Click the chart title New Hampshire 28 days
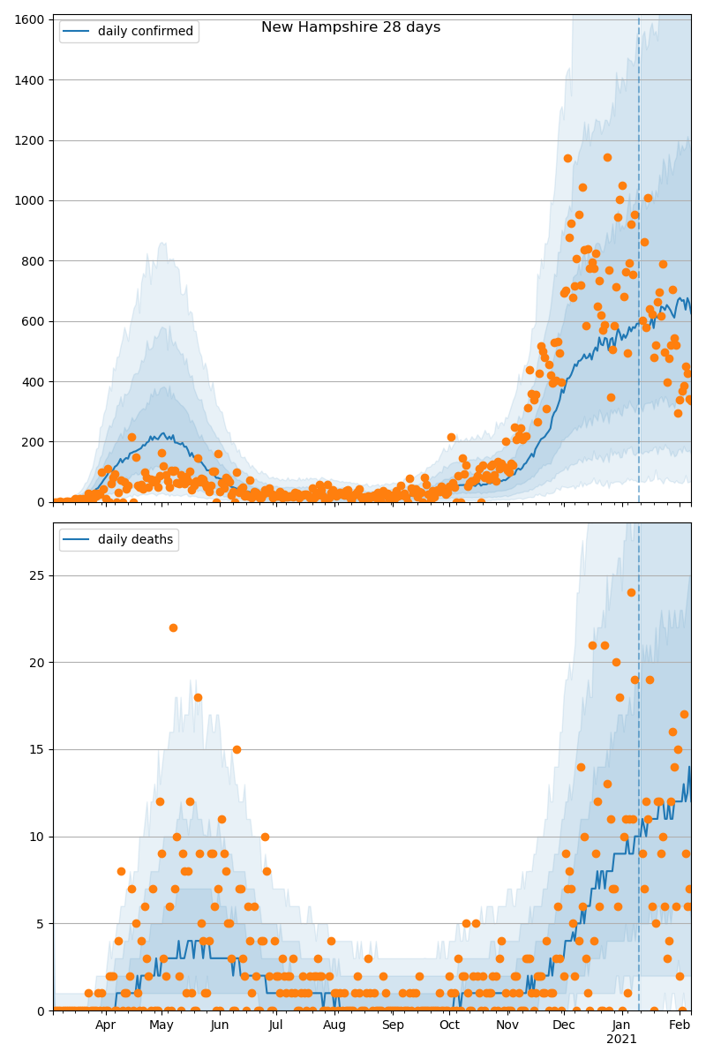click(x=350, y=27)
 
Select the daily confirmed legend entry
click(x=145, y=32)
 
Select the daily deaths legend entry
click(x=135, y=539)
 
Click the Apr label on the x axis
click(x=106, y=1025)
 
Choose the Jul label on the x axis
click(x=276, y=1025)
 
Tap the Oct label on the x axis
click(x=449, y=1025)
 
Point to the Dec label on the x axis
click(x=563, y=1025)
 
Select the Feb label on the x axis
click(x=680, y=1025)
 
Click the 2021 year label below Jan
click(x=621, y=1040)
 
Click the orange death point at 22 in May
click(x=173, y=627)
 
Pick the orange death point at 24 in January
click(x=631, y=592)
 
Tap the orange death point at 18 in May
click(x=198, y=697)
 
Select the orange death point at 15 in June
click(x=237, y=749)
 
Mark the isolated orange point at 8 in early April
click(x=121, y=871)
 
